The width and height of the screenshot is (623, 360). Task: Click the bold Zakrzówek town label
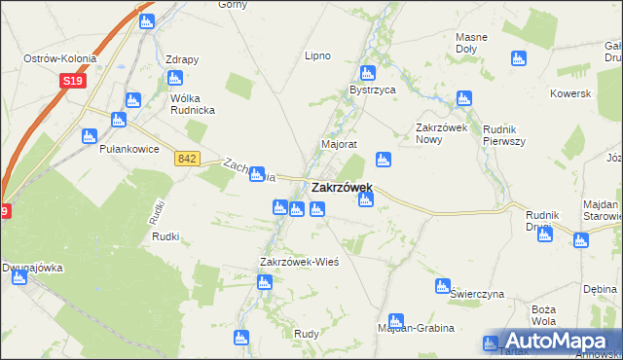point(342,187)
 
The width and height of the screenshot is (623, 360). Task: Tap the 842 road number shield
point(188,159)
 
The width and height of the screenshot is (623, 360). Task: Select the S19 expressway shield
point(71,81)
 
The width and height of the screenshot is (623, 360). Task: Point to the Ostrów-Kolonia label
point(59,59)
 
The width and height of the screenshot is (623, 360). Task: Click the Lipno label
point(318,55)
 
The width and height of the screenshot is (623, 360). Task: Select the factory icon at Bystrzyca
point(367,73)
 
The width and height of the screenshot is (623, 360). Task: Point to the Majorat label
point(340,144)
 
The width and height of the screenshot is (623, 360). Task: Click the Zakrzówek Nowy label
point(443,133)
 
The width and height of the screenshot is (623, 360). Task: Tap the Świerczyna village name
point(477,293)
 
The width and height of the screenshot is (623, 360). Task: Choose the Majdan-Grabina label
point(415,329)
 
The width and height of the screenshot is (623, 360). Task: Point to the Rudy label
point(307,334)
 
